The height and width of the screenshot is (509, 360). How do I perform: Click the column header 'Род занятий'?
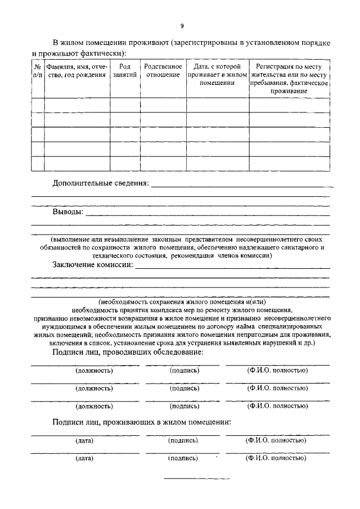[125, 70]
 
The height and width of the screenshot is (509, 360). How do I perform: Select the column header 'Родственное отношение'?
[163, 70]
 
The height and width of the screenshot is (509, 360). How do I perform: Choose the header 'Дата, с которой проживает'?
[217, 74]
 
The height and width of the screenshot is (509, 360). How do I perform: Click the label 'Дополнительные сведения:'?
[101, 183]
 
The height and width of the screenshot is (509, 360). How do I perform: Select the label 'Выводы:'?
[67, 212]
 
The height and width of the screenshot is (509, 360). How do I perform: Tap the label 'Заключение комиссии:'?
[93, 264]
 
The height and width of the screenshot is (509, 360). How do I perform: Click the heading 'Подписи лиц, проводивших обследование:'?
[128, 352]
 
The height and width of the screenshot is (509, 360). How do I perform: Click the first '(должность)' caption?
[93, 371]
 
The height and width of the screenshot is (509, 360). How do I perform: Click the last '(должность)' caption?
[93, 406]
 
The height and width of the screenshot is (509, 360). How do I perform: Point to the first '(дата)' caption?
[84, 440]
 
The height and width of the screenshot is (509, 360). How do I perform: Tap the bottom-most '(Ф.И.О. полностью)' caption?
[276, 458]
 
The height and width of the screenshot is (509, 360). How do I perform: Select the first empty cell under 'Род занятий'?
[125, 105]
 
